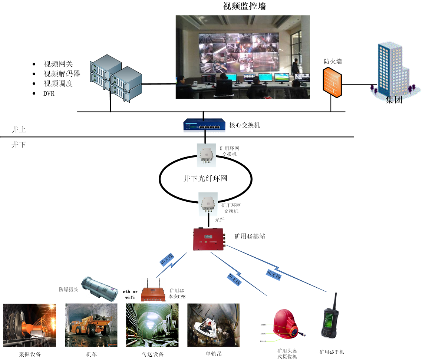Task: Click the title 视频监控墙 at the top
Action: (244, 6)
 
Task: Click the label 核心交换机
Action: (245, 125)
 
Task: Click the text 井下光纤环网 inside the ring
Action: (205, 178)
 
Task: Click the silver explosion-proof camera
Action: (99, 287)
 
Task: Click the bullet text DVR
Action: (49, 93)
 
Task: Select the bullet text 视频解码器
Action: (62, 73)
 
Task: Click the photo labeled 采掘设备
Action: (30, 325)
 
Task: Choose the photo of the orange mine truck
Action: (91, 325)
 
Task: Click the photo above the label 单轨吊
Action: (213, 325)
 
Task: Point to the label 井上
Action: (19, 130)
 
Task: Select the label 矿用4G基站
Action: (250, 236)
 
